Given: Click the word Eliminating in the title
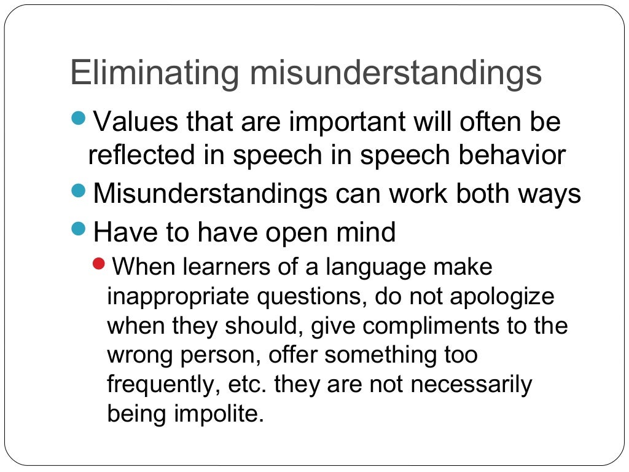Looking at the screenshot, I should pos(154,73).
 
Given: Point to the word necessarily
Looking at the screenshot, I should pos(471,385).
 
